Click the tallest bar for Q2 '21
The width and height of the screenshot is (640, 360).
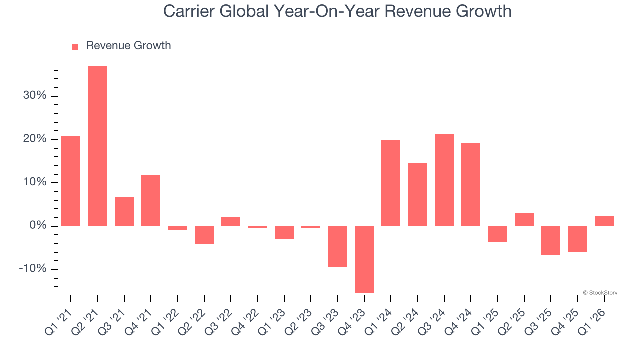pos(98,146)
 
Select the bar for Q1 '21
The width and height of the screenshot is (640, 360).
pos(71,181)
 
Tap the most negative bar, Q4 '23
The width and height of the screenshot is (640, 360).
pos(364,259)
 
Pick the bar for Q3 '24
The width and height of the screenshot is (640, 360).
pos(444,180)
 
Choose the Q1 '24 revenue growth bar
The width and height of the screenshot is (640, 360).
pos(391,183)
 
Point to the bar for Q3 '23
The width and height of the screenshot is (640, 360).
pos(338,246)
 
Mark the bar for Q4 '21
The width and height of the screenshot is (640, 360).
pos(151,200)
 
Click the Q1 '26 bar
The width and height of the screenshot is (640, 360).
pos(604,221)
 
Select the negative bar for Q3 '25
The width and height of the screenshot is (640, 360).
pos(551,240)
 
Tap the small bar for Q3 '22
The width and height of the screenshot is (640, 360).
pos(231,222)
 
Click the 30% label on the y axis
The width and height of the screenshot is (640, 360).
pos(35,96)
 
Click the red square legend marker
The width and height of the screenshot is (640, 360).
pos(75,47)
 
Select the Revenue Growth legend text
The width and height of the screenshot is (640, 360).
pos(128,46)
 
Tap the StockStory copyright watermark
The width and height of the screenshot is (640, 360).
pos(600,293)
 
